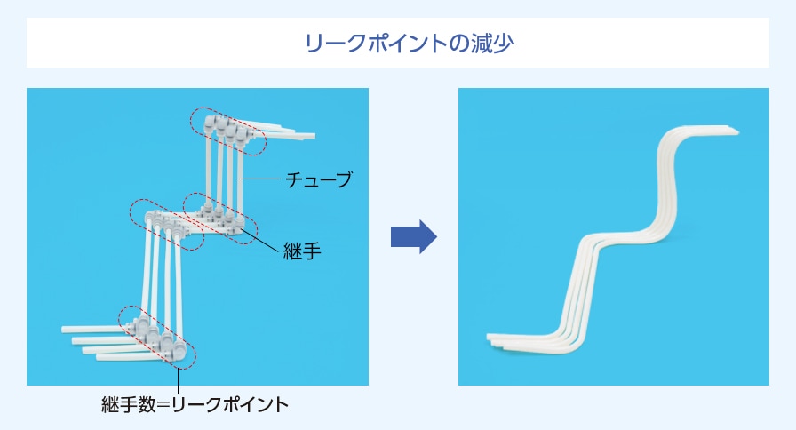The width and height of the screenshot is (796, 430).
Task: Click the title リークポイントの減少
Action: (x=410, y=43)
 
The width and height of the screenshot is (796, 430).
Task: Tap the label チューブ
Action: (x=319, y=179)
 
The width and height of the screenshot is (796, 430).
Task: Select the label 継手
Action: (x=302, y=251)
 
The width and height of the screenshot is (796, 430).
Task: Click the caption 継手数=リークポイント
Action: (x=195, y=404)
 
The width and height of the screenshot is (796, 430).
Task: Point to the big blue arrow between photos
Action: (x=414, y=236)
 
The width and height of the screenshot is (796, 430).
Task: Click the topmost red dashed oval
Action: (x=228, y=131)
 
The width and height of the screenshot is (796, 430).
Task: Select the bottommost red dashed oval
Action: (x=157, y=338)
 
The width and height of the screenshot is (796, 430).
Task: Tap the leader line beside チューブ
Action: (x=260, y=179)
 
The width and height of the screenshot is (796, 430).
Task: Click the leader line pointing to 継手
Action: (x=261, y=241)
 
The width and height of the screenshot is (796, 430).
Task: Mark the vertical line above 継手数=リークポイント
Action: (x=179, y=381)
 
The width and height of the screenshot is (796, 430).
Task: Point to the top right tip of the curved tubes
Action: (x=737, y=132)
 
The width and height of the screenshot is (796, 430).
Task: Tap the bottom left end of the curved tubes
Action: (x=489, y=338)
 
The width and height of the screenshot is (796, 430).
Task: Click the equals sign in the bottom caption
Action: (x=163, y=405)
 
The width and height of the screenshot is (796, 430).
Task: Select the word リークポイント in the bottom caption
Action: (x=230, y=404)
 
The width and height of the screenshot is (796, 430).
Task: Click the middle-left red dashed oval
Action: (x=166, y=225)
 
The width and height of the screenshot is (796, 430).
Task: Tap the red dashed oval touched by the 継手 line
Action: (x=220, y=219)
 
